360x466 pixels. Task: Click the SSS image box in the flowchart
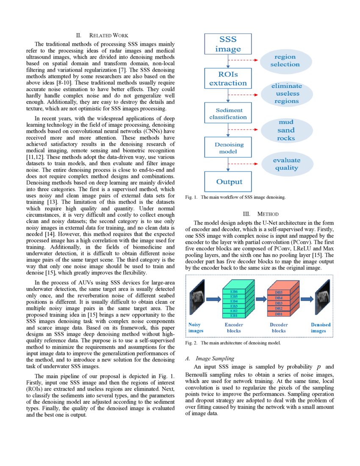[x=228, y=44]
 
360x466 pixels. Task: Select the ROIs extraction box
[x=228, y=79]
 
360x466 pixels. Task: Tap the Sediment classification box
[x=228, y=113]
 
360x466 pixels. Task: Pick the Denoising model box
[x=228, y=147]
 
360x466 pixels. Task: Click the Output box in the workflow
[x=229, y=182]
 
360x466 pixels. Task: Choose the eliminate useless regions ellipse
[x=287, y=93]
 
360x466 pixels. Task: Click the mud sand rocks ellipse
[x=286, y=130]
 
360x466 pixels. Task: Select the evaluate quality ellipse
[x=286, y=164]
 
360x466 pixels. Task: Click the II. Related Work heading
[x=102, y=35]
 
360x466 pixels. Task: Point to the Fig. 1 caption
[x=235, y=197]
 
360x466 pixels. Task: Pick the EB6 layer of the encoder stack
[x=234, y=292]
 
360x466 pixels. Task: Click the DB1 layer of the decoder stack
[x=279, y=314]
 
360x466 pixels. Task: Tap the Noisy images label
[x=196, y=327]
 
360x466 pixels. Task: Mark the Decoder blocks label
[x=279, y=327]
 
